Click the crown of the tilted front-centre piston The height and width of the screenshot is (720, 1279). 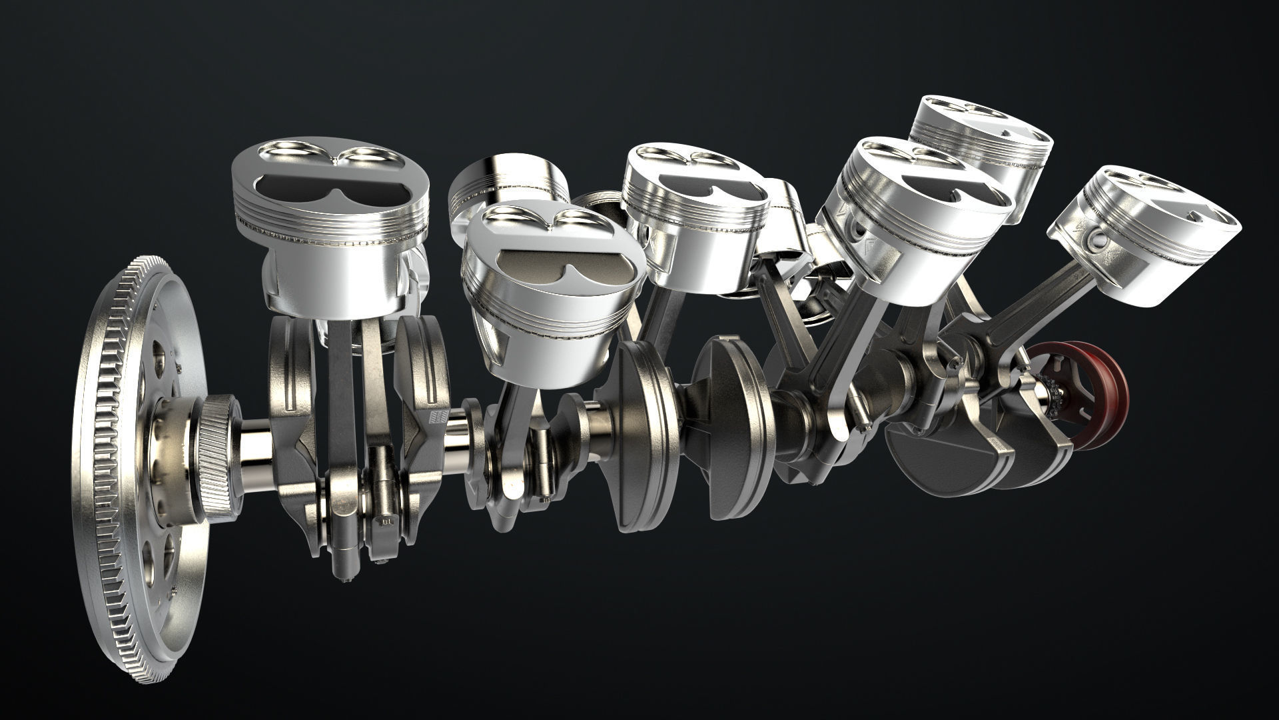pyautogui.click(x=553, y=257)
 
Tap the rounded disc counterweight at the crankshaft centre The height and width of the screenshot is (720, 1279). pyautogui.click(x=639, y=433)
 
